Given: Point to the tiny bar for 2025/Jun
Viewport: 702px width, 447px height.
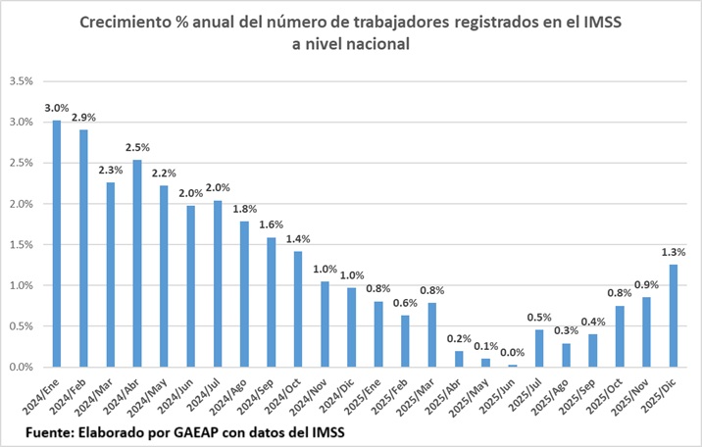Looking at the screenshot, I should point(513,366).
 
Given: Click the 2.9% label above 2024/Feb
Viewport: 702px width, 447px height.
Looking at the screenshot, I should point(84,118).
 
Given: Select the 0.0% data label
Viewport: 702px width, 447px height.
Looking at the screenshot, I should point(513,353).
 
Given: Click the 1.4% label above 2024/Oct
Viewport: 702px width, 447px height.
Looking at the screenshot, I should point(298,239).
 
